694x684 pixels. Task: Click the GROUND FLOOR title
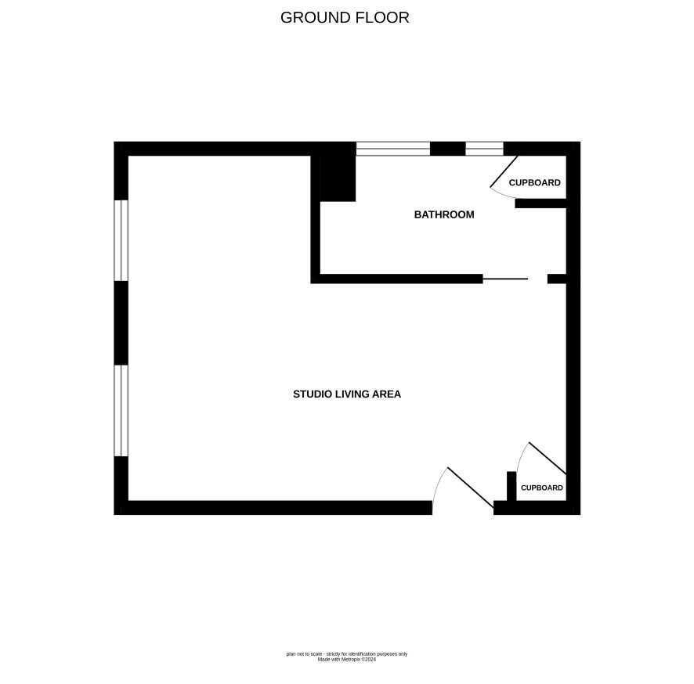[x=345, y=18]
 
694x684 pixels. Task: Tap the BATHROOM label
[x=444, y=214]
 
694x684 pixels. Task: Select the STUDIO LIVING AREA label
[x=347, y=394]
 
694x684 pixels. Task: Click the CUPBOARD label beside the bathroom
[x=535, y=182]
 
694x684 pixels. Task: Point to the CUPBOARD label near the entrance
[x=542, y=488]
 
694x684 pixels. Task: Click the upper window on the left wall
[x=121, y=240]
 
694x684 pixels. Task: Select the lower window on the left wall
[x=121, y=410]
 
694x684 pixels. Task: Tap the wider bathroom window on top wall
[x=393, y=149]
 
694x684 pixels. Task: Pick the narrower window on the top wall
[x=484, y=149]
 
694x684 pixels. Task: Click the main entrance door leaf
[x=471, y=488]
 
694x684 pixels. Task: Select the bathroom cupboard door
[x=504, y=171]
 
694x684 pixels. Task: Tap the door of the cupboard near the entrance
[x=548, y=458]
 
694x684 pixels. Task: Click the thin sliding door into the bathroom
[x=505, y=279]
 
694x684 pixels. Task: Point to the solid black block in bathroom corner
[x=338, y=178]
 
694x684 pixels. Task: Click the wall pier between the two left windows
[x=121, y=322]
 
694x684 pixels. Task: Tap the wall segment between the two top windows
[x=447, y=149]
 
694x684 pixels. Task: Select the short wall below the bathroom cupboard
[x=540, y=203]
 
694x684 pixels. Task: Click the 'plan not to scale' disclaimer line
[x=347, y=654]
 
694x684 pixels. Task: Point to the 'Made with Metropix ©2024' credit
[x=347, y=659]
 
